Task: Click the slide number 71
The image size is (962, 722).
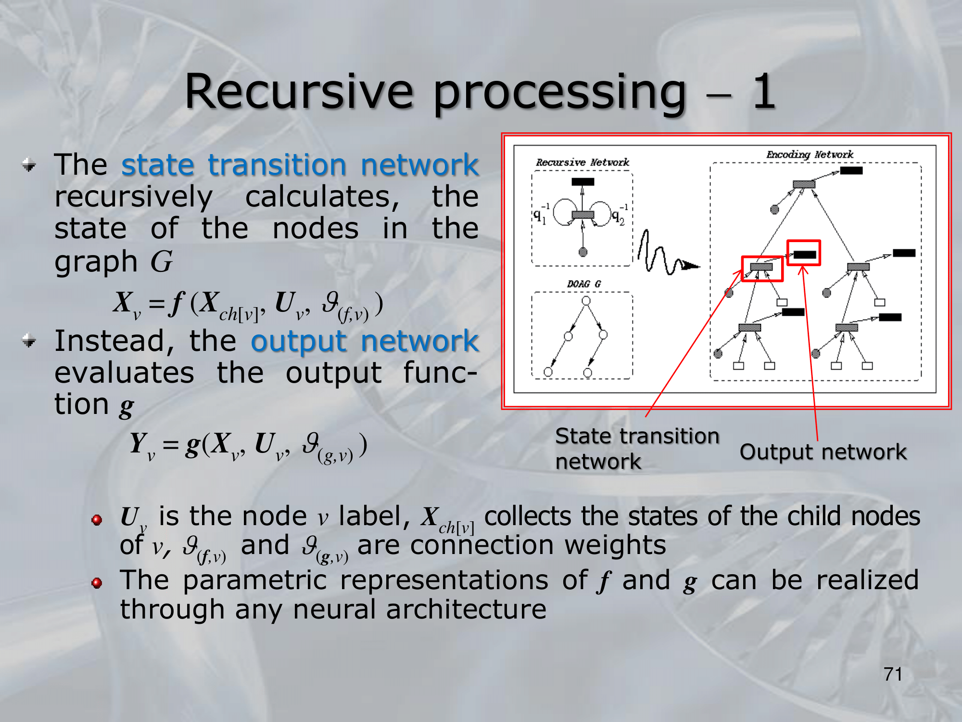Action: (x=893, y=674)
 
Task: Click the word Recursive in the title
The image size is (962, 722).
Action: (x=299, y=91)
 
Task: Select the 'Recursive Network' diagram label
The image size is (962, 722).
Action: (x=582, y=162)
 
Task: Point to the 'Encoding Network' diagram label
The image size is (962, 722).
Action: (x=810, y=155)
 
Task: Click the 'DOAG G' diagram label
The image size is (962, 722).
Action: (x=583, y=284)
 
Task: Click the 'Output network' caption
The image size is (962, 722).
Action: (x=823, y=452)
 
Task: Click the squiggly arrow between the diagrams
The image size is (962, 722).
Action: (x=666, y=255)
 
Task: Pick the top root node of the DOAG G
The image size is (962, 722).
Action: (x=586, y=301)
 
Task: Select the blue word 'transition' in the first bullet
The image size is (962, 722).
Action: (x=277, y=165)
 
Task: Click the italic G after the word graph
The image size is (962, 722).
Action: (x=161, y=262)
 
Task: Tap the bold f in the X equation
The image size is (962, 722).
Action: (x=177, y=303)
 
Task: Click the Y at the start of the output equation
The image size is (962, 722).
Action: (x=139, y=443)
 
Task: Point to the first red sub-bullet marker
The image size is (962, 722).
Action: (x=97, y=520)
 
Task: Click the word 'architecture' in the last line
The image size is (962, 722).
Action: (x=466, y=609)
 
